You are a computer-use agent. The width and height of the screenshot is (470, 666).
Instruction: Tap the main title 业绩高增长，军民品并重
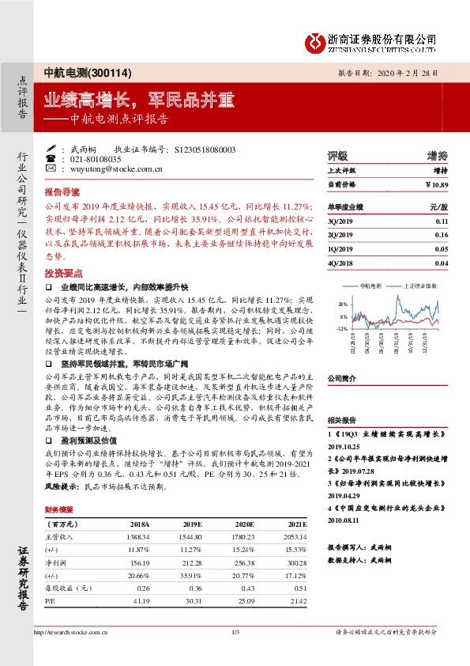point(138,100)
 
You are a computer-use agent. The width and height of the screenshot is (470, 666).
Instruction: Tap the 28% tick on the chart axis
point(342,305)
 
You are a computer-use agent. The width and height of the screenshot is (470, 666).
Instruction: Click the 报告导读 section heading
point(62,192)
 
